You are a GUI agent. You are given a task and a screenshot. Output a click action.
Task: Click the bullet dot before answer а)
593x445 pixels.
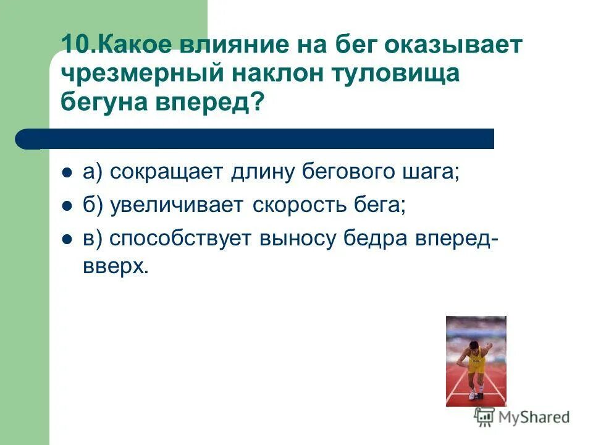coord(67,173)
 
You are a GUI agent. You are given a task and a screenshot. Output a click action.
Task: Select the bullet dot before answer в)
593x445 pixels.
coord(67,239)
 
